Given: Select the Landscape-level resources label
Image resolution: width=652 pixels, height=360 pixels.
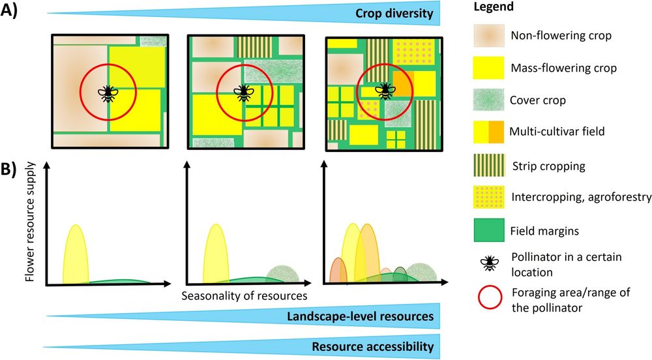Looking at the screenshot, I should coord(361,316).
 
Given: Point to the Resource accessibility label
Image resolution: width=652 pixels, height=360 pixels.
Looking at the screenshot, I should coord(372,346).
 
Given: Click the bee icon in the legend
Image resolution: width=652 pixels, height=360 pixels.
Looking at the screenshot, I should coord(487,263).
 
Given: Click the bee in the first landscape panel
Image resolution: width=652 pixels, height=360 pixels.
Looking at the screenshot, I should coord(108,93).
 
